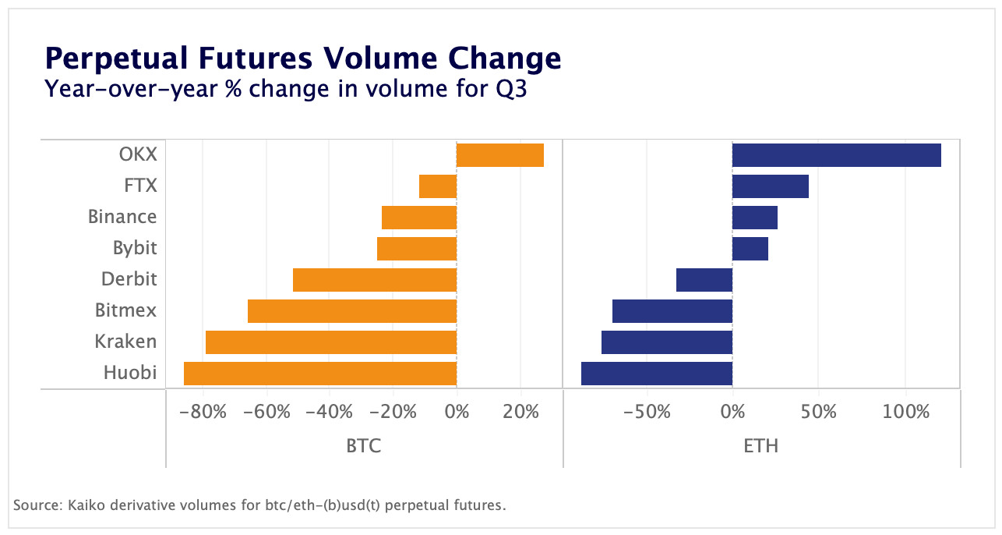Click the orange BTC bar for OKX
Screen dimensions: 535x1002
(499, 155)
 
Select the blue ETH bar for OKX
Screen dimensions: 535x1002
(836, 155)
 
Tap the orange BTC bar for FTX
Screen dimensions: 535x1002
(437, 186)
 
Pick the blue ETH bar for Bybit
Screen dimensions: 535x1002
(750, 249)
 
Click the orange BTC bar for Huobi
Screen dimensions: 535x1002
(319, 374)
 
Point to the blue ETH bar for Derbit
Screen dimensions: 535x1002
(704, 280)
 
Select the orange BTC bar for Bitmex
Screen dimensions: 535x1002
(351, 311)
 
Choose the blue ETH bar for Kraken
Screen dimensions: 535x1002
(666, 342)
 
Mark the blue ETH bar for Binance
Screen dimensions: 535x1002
(754, 218)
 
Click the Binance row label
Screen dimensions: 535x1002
(122, 217)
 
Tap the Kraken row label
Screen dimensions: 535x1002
(125, 342)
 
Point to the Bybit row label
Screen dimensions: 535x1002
(135, 248)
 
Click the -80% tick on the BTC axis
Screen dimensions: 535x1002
(203, 411)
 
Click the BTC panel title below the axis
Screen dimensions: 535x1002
(363, 445)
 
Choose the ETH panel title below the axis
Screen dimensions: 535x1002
(760, 445)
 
